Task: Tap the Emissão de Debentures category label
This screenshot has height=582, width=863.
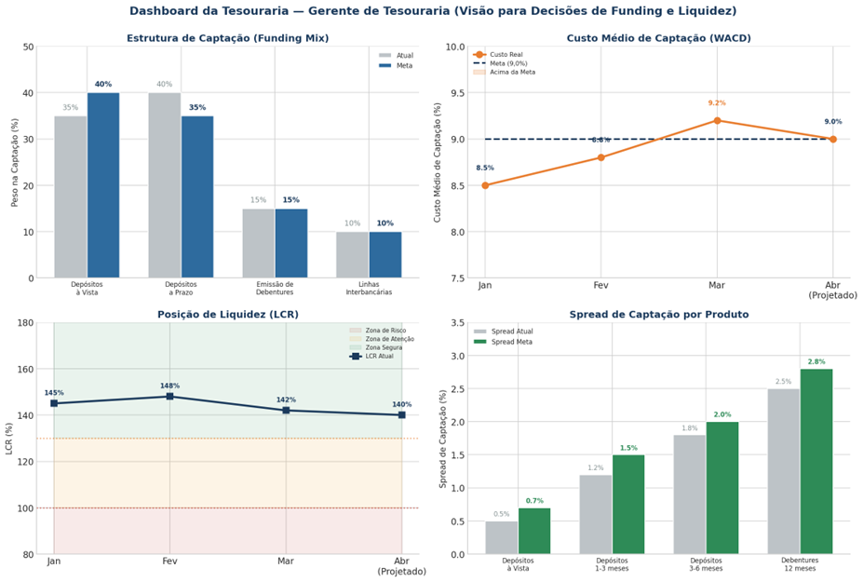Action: point(275,288)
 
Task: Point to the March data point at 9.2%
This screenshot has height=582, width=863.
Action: point(717,120)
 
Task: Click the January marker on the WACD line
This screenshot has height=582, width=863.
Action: point(485,185)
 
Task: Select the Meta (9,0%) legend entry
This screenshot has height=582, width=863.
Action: point(509,63)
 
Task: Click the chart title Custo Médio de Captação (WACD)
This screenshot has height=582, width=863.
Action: point(658,38)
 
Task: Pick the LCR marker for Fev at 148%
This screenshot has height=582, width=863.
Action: point(169,397)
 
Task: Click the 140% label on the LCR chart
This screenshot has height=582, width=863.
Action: point(401,404)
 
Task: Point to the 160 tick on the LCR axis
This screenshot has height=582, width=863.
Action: point(24,370)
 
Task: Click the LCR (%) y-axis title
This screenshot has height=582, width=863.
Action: point(10,439)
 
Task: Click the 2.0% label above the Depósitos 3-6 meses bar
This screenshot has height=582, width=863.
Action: point(722,414)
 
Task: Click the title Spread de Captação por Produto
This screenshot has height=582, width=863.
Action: point(658,315)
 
